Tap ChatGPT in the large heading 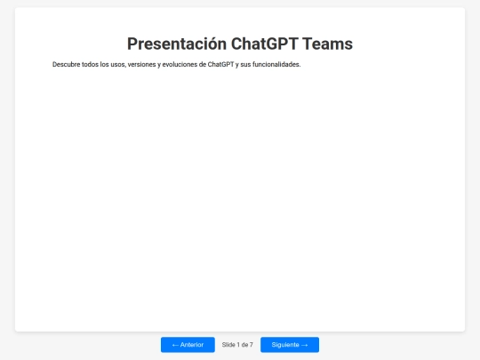264,44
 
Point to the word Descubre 67,64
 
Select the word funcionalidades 276,64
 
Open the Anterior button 188,345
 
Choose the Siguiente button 290,345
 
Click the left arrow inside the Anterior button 175,345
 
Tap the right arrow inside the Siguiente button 305,345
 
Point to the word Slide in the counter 229,345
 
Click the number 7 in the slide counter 252,345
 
